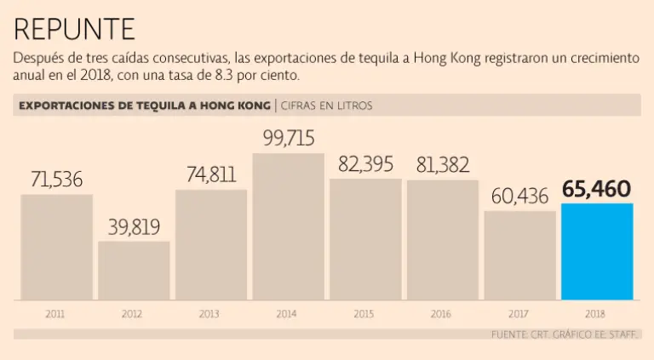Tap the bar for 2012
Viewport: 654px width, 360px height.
coord(134,271)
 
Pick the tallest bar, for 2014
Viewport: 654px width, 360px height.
coord(289,226)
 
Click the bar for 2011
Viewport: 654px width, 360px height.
coord(56,247)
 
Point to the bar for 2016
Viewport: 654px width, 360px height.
coord(442,239)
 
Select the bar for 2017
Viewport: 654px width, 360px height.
coord(519,255)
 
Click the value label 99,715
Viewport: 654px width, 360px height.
coord(289,139)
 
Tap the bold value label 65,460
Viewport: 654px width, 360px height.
coord(597,188)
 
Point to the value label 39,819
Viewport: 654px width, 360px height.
coord(134,227)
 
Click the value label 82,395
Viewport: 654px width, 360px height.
coord(365,164)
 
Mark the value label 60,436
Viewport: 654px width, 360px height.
coord(519,196)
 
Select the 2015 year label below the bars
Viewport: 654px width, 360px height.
coord(365,314)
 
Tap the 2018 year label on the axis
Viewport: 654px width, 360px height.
coord(597,314)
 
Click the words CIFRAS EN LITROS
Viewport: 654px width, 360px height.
coord(326,106)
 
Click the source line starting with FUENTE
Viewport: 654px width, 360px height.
coord(565,334)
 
